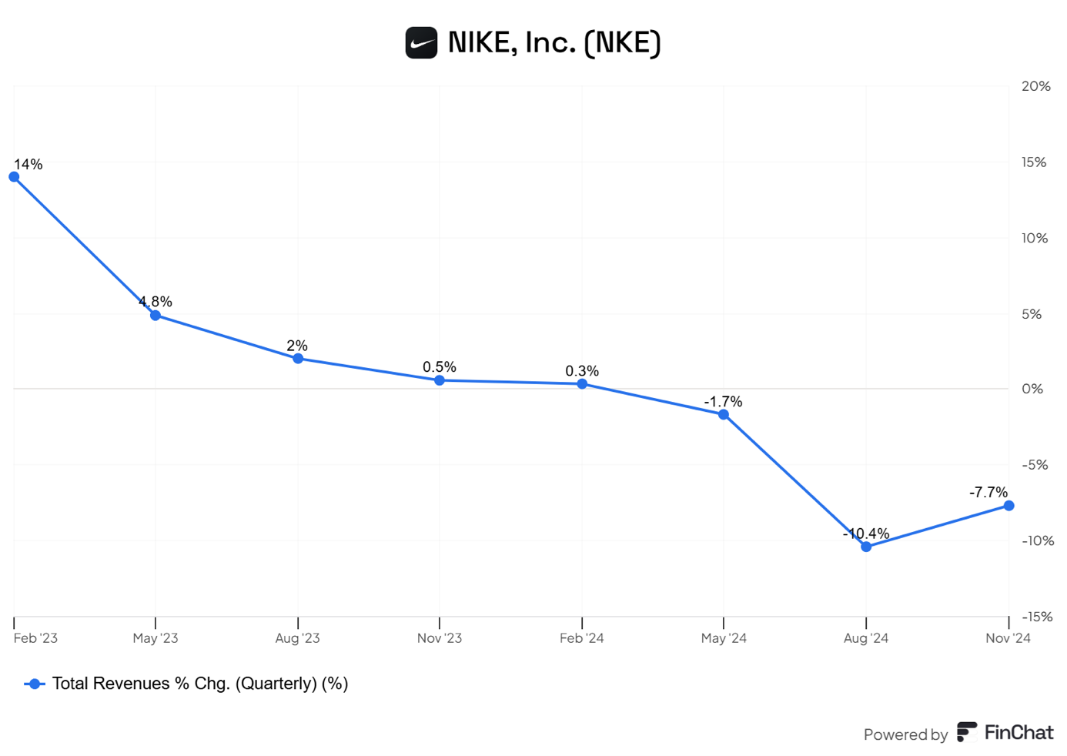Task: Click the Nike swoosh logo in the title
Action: point(421,43)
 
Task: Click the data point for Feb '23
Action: point(14,177)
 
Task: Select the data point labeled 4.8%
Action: point(156,316)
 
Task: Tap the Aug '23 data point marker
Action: point(298,359)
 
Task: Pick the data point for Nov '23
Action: point(440,380)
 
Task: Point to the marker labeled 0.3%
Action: point(582,383)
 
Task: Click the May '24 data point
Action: point(724,415)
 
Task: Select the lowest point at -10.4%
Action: point(866,547)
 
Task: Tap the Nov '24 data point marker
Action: point(1008,506)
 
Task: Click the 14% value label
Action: point(28,164)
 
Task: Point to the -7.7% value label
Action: point(988,492)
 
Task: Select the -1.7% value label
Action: point(723,402)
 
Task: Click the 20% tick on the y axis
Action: point(1035,86)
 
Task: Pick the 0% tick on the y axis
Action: point(1032,389)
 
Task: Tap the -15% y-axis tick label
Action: point(1037,617)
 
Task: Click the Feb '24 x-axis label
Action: point(582,638)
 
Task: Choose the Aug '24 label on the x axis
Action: point(866,638)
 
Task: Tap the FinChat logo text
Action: point(1018,732)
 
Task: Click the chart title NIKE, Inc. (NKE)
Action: point(554,43)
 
